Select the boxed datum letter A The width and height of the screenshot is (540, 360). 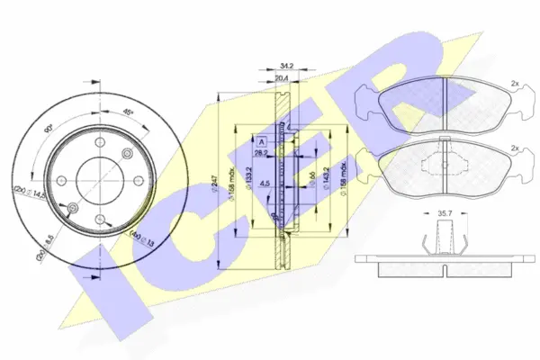tap(261, 142)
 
